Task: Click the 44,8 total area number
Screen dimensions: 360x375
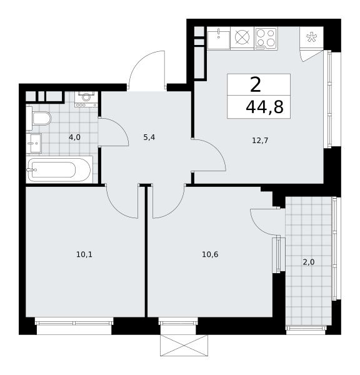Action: click(264, 107)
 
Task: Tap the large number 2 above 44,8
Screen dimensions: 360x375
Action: click(256, 84)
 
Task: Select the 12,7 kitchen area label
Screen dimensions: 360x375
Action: click(260, 141)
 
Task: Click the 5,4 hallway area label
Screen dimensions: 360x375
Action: click(149, 137)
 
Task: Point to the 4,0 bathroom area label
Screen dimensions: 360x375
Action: click(74, 137)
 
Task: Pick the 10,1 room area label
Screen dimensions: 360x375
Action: click(84, 254)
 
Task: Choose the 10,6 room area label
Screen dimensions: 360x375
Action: click(210, 254)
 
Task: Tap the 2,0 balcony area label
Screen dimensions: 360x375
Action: click(309, 262)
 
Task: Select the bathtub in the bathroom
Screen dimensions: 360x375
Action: click(59, 169)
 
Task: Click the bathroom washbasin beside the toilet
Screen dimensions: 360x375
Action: click(34, 143)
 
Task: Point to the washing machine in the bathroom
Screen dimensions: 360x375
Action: click(86, 99)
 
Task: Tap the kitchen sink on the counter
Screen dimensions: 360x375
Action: click(218, 37)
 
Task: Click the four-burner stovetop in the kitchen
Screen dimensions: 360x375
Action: click(266, 38)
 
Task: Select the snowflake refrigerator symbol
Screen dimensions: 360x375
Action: click(311, 37)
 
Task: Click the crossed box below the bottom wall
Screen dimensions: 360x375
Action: click(184, 346)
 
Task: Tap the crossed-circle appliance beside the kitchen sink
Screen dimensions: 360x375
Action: click(242, 37)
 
